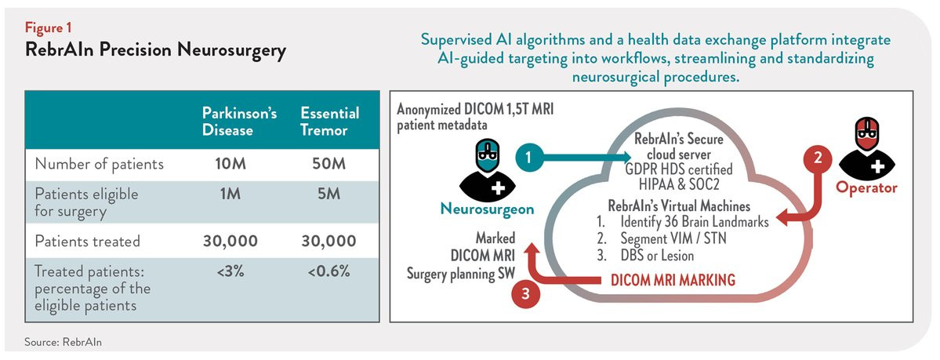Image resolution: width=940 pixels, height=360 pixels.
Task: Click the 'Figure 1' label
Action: tap(45, 28)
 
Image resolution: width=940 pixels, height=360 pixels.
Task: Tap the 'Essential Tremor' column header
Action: tap(330, 122)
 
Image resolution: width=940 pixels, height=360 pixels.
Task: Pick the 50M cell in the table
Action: tap(330, 164)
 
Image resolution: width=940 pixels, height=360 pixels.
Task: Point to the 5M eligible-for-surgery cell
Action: tap(330, 195)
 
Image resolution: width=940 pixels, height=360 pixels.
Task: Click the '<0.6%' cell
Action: tap(330, 271)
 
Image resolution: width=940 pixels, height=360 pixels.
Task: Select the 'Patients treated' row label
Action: tap(88, 242)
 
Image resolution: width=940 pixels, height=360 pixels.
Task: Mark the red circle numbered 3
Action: tap(525, 293)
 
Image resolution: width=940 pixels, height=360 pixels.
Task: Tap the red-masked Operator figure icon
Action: tap(866, 148)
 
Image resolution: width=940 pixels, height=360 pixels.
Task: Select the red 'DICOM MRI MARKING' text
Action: tap(673, 280)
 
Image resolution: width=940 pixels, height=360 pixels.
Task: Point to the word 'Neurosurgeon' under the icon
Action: tap(486, 209)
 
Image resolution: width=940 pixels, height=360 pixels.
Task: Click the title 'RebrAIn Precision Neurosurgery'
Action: tap(155, 51)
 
